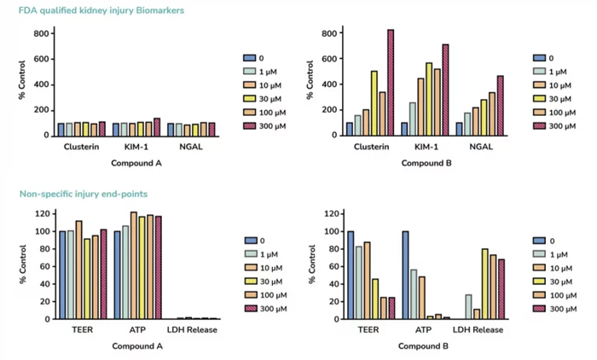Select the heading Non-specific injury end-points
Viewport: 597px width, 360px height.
83,195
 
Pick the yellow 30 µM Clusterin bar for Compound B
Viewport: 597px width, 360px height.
374,102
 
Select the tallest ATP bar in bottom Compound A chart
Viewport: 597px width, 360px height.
133,264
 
